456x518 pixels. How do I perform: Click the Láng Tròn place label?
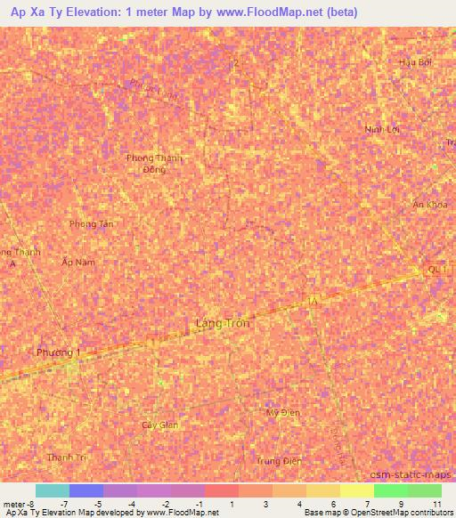(222, 324)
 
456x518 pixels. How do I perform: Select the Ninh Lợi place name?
(381, 129)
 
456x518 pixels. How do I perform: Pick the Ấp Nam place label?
(77, 263)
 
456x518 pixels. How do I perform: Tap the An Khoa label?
(430, 205)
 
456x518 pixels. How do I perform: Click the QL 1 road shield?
(436, 269)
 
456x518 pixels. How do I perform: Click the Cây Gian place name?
(160, 425)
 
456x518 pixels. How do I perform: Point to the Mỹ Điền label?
(283, 412)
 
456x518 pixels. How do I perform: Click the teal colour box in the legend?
(52, 490)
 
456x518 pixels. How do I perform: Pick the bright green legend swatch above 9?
(390, 490)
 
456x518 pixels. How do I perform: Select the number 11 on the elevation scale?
(436, 505)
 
